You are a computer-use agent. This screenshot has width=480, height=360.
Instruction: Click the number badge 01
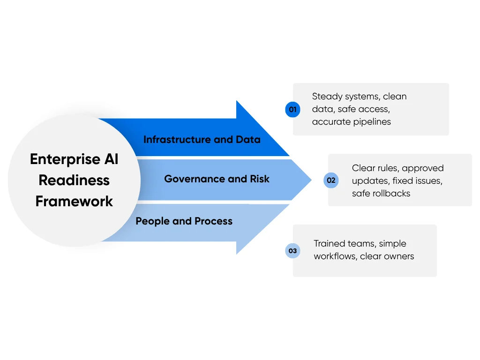click(292, 110)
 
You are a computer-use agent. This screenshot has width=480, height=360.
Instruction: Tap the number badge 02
click(331, 180)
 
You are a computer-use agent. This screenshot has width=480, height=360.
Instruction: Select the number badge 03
click(292, 251)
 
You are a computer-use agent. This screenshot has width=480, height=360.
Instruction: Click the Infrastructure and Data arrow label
click(202, 140)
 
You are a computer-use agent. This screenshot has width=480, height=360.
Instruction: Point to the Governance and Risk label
click(217, 179)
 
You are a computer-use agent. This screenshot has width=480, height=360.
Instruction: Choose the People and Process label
click(184, 221)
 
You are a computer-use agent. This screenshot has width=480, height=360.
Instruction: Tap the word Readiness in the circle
click(74, 180)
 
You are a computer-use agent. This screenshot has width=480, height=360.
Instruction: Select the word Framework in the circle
click(74, 202)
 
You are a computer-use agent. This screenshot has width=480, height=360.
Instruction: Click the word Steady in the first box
click(327, 97)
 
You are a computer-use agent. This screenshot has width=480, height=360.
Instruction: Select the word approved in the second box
click(422, 168)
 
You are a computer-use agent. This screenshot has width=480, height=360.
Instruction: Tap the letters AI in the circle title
click(112, 159)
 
